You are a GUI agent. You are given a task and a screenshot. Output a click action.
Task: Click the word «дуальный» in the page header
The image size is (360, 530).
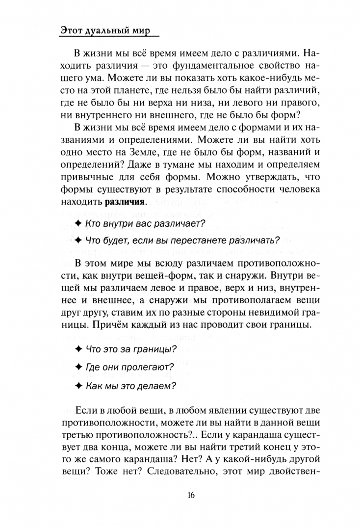(x=105, y=30)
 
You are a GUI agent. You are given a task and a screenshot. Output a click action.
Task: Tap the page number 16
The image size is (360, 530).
(x=191, y=494)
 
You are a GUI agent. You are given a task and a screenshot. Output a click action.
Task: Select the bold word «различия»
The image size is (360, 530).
(x=125, y=202)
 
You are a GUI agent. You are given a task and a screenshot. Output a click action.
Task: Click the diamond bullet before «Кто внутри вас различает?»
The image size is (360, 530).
(x=78, y=223)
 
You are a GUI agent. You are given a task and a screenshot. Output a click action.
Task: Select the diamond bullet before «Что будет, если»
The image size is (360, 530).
(x=78, y=240)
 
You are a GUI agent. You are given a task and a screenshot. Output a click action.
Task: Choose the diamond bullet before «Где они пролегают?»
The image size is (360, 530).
(x=78, y=367)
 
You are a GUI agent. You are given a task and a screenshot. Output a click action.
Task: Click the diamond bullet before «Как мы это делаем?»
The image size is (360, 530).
(x=78, y=385)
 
